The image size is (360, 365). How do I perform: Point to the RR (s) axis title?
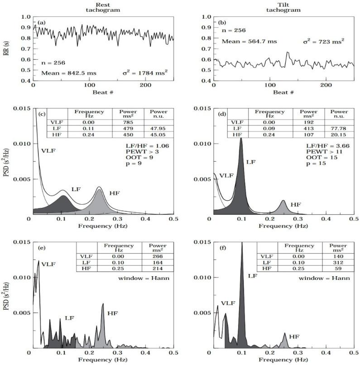point(5,49)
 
